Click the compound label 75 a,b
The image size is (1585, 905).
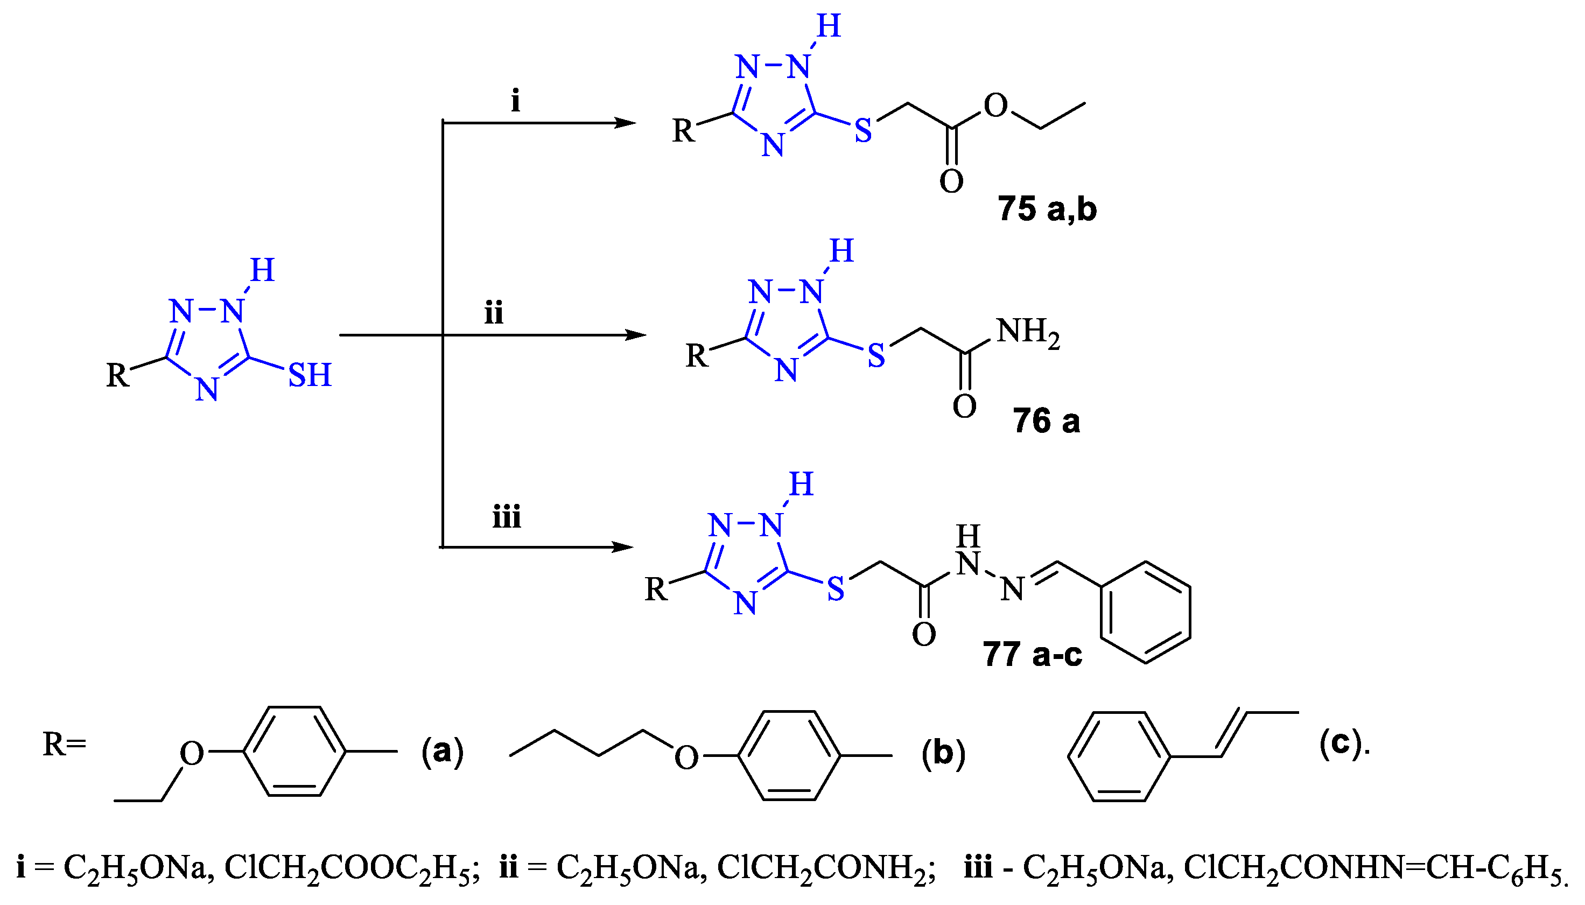coord(1047,209)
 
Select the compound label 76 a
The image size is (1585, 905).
coord(1046,421)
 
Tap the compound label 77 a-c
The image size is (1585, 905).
coord(1033,654)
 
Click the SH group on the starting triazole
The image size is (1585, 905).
coord(310,375)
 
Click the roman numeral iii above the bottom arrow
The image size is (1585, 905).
coord(507,517)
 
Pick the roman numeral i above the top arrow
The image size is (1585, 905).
coord(515,101)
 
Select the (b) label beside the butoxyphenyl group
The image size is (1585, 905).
coord(943,753)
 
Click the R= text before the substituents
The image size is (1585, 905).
coord(64,744)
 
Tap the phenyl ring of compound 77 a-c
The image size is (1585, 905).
coord(1146,613)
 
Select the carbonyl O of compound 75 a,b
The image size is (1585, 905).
coord(951,181)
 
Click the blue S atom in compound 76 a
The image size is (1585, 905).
coord(876,355)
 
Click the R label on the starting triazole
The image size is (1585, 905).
coord(117,375)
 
